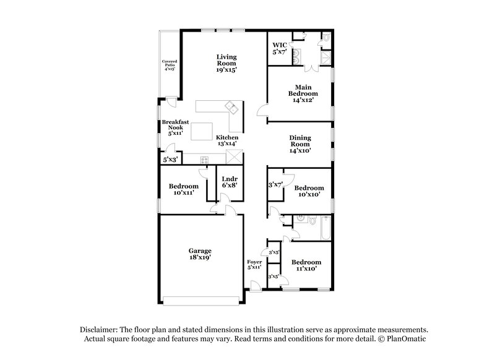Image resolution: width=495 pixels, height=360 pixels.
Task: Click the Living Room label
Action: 226,64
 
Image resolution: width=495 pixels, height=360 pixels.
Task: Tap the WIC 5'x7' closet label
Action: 280,49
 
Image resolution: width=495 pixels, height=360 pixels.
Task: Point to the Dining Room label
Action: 299,144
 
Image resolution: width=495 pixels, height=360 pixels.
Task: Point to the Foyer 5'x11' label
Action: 255,266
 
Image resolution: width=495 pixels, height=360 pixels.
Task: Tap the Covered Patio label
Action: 170,66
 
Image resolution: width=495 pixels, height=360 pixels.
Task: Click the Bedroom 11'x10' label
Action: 306,265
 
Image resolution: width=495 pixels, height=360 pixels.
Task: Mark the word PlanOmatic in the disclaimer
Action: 406,340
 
